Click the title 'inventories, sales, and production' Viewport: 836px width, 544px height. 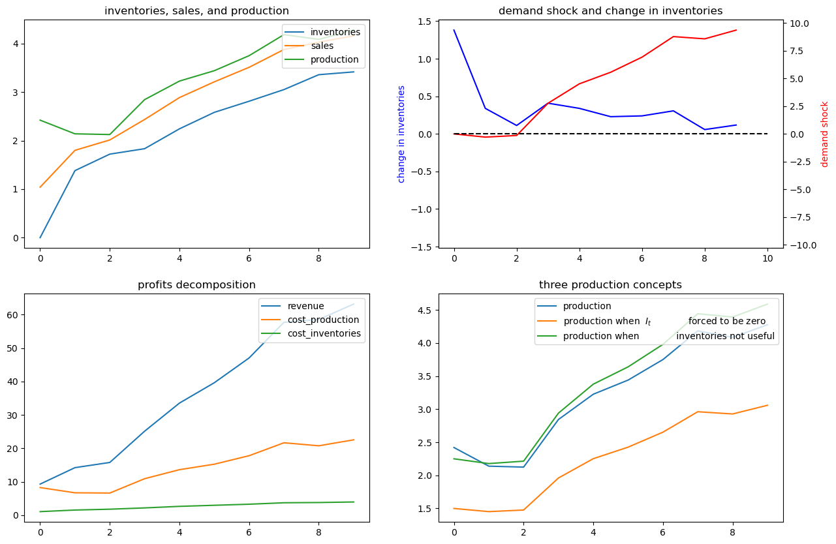pyautogui.click(x=196, y=11)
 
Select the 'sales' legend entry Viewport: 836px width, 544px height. pyautogui.click(x=322, y=46)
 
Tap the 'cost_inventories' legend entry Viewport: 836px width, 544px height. pyautogui.click(x=324, y=333)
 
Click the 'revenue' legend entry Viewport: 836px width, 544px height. pyautogui.click(x=305, y=306)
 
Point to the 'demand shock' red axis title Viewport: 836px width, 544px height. pyautogui.click(x=824, y=134)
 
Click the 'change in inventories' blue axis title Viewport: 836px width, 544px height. pyautogui.click(x=401, y=134)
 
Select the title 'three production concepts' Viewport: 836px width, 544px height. pyautogui.click(x=610, y=284)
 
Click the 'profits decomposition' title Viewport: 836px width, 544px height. pyautogui.click(x=196, y=284)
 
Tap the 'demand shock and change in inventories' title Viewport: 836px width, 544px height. pyautogui.click(x=611, y=11)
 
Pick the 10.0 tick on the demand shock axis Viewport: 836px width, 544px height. pyautogui.click(x=798, y=24)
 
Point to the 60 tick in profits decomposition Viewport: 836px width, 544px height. pyautogui.click(x=12, y=315)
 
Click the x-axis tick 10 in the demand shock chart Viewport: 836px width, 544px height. pyautogui.click(x=767, y=258)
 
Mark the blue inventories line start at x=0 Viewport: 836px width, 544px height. pyautogui.click(x=40, y=237)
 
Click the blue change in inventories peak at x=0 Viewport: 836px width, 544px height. pyautogui.click(x=454, y=30)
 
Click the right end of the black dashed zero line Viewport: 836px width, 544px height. pyautogui.click(x=767, y=134)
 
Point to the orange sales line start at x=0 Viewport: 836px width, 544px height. pyautogui.click(x=40, y=187)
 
